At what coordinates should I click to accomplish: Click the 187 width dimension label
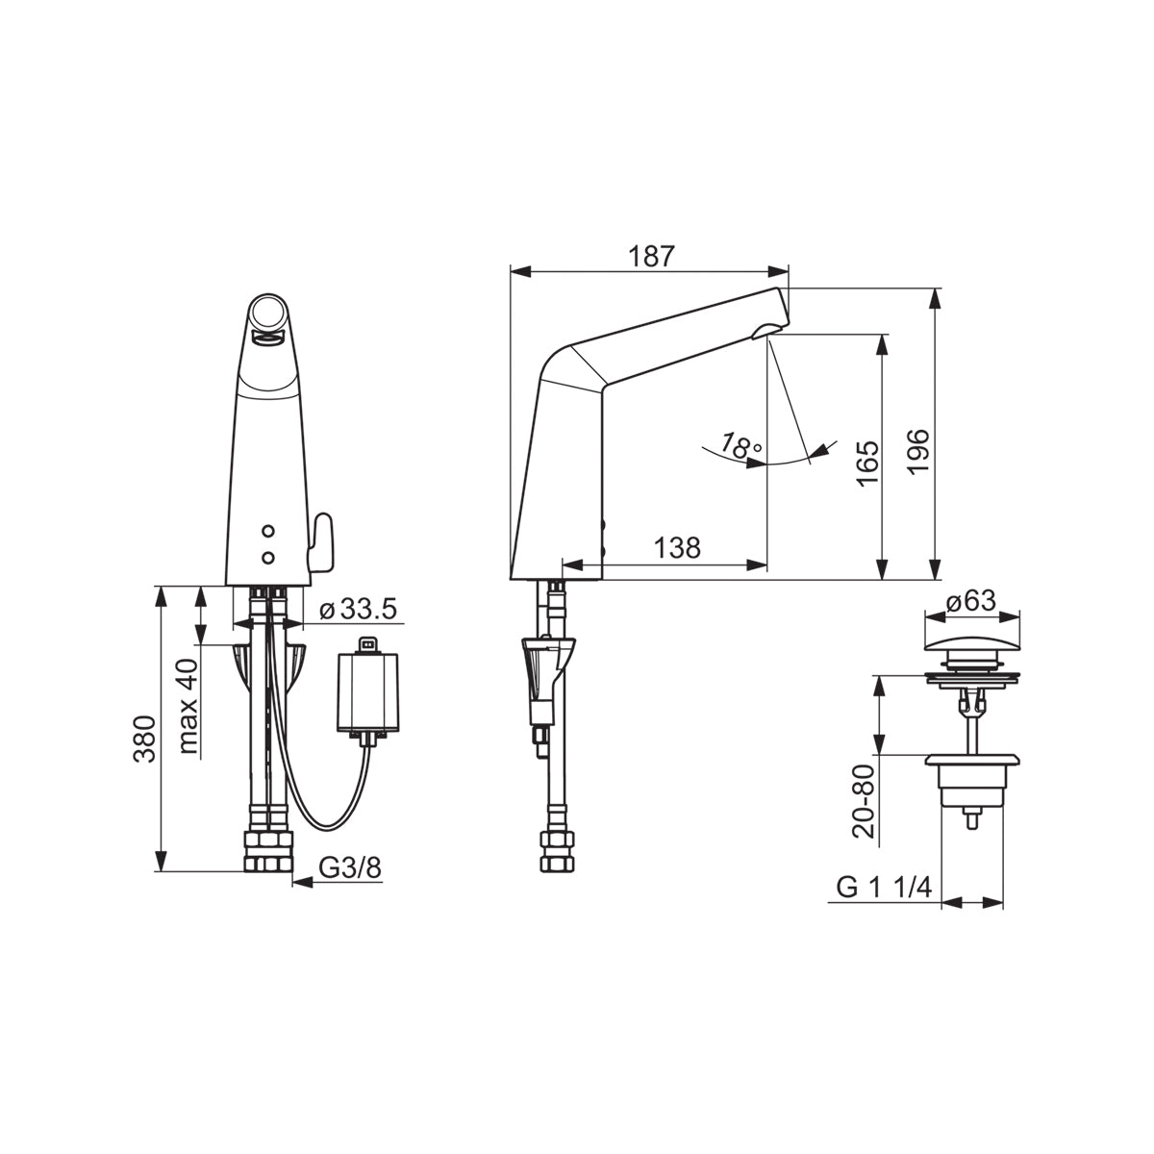651,257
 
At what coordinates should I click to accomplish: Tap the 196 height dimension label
916,452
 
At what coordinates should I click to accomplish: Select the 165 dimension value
867,464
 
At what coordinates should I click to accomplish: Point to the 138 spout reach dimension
677,547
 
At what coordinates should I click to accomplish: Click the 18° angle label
740,445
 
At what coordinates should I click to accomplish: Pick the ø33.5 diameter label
358,609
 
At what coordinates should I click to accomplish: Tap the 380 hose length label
144,739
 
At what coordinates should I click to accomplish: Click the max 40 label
188,706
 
